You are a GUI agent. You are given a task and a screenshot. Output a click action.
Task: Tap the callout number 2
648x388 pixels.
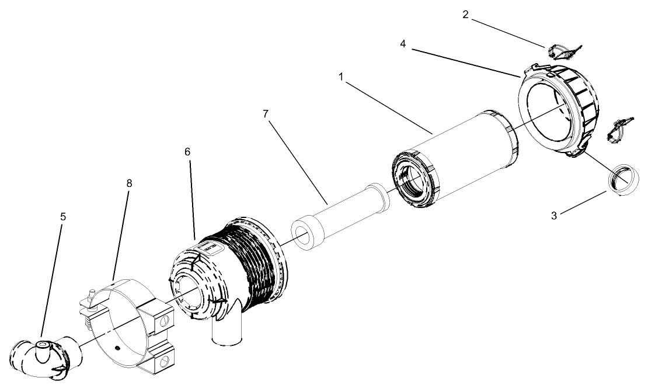465,15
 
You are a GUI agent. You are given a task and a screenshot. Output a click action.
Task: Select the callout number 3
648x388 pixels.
554,214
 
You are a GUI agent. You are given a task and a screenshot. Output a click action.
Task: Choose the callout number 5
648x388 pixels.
62,216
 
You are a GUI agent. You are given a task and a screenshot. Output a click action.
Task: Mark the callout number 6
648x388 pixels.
187,151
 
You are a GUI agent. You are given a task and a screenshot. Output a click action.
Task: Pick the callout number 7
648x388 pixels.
266,113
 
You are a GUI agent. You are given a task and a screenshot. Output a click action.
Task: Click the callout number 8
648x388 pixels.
129,183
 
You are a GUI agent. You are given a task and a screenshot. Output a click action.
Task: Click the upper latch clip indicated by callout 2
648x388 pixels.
562,53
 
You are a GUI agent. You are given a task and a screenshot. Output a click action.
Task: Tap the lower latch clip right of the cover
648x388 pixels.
617,129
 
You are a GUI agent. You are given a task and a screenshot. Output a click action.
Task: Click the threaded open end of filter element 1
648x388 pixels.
415,178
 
